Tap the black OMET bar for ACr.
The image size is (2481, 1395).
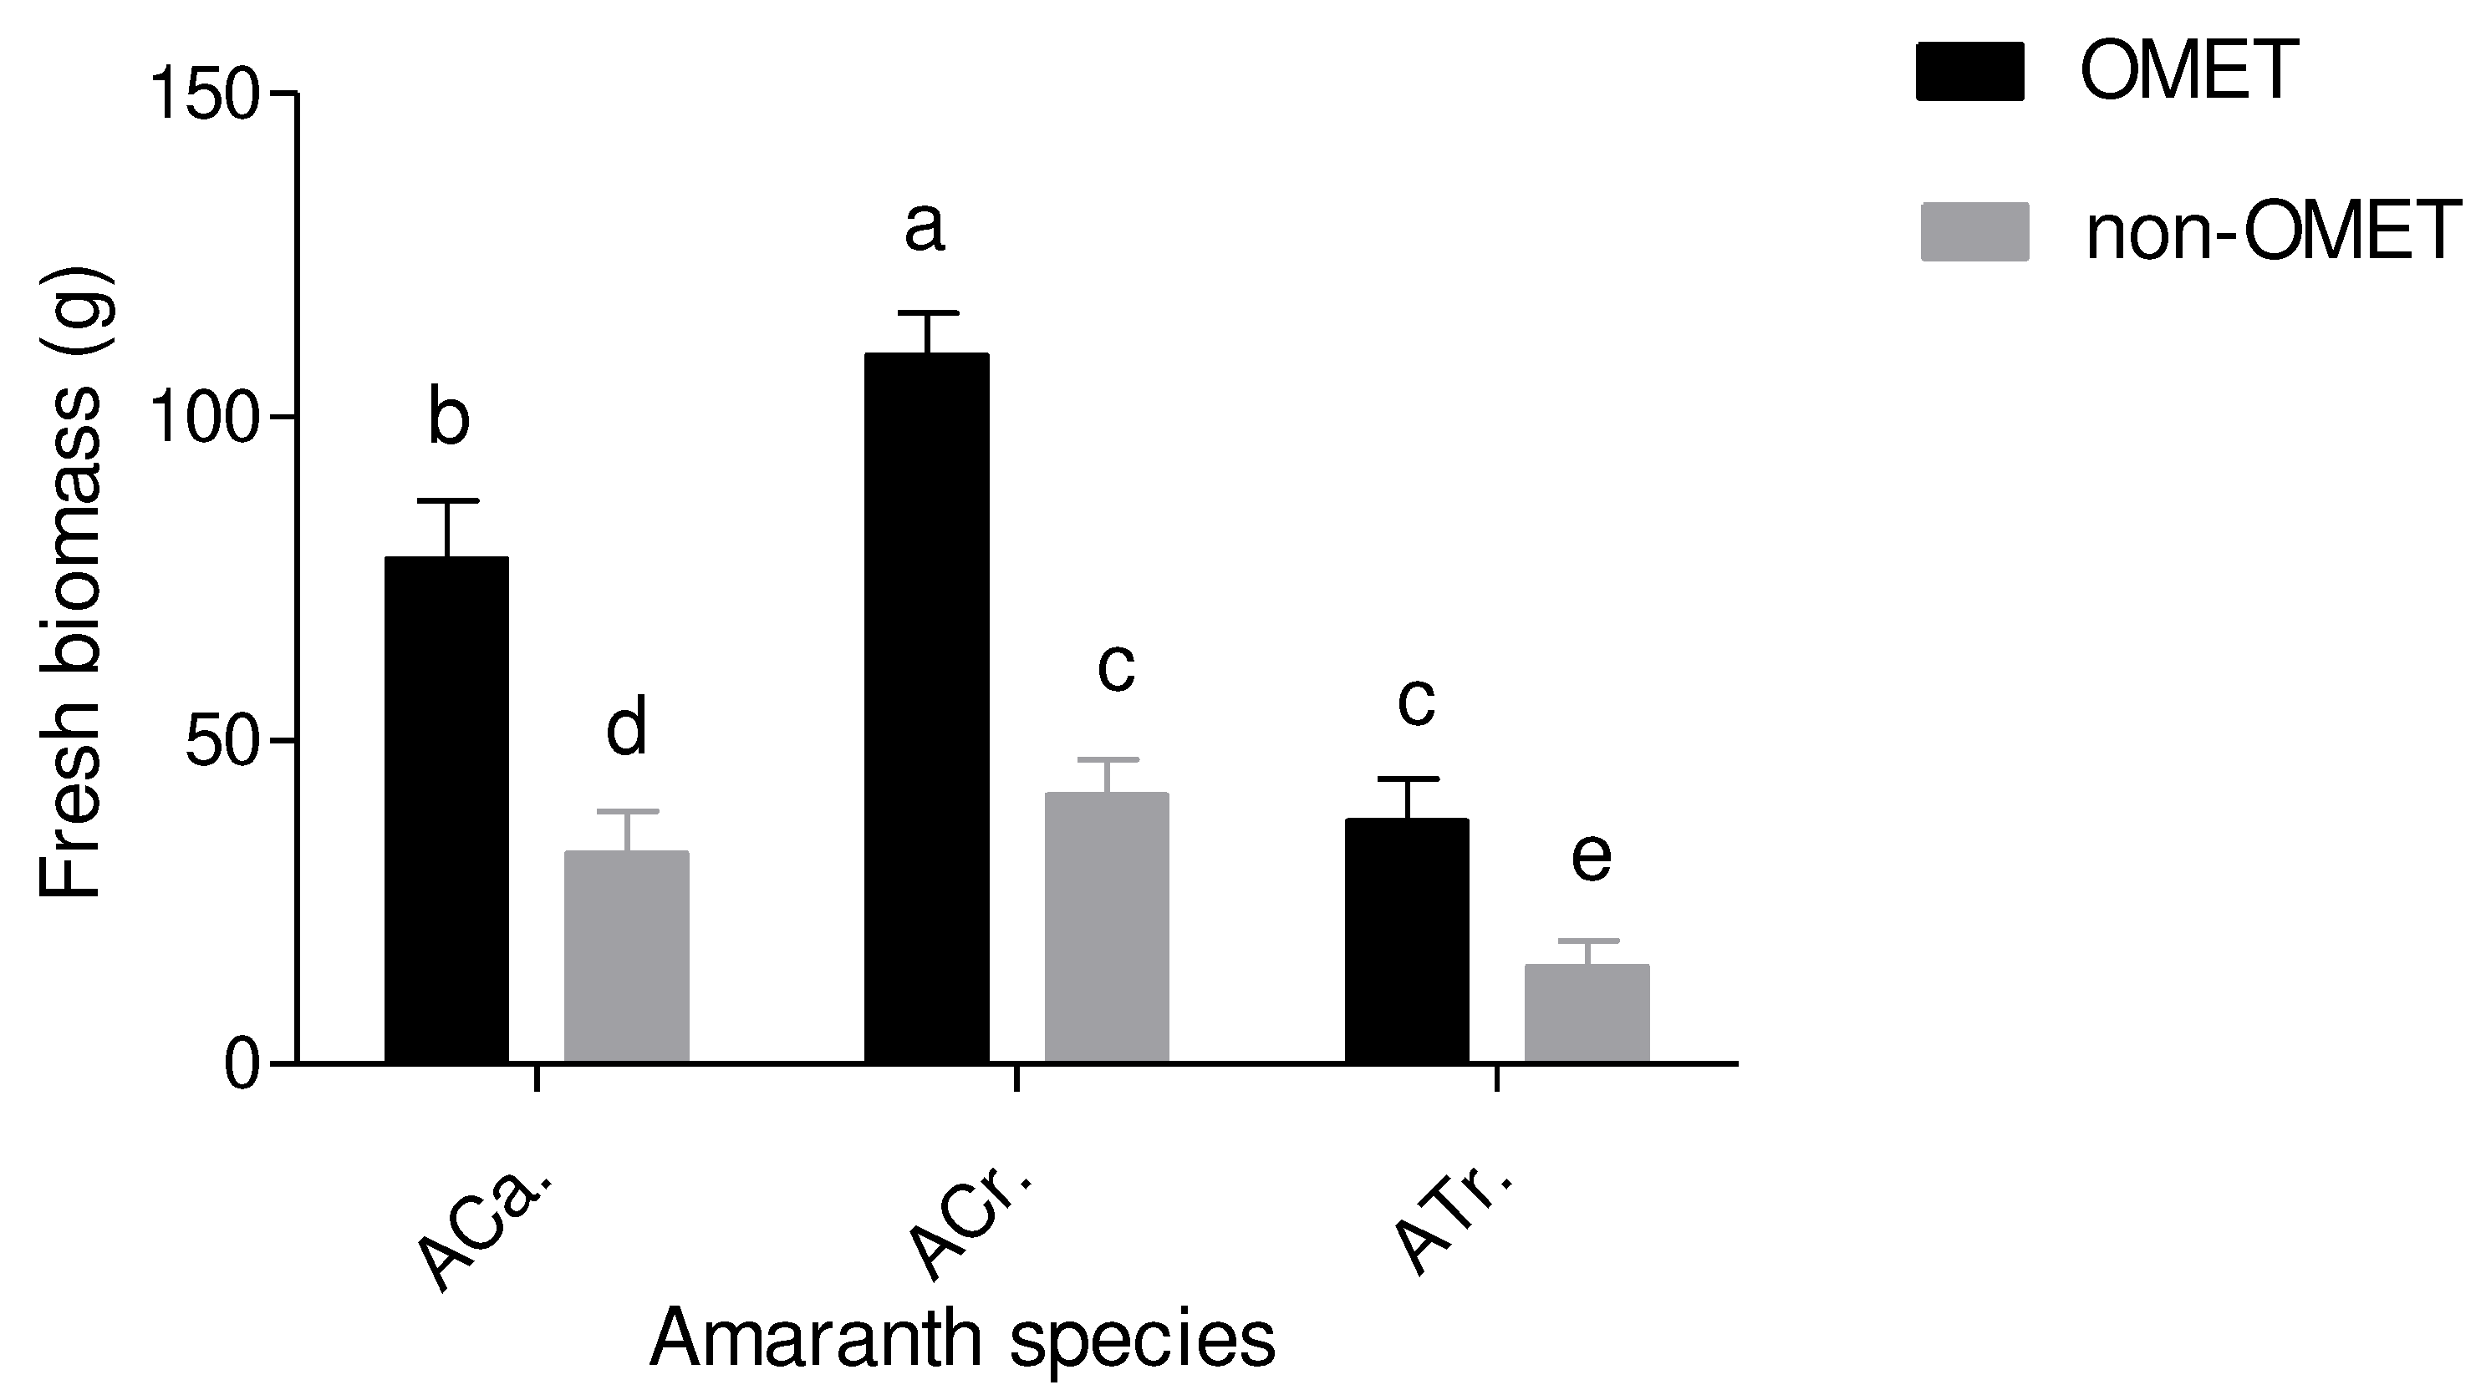(x=926, y=708)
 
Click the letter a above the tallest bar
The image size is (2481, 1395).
(x=925, y=229)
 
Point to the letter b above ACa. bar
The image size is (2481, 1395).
(x=449, y=416)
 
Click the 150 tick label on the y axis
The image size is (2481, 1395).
(x=204, y=95)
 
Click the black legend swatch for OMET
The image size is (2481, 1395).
(x=1969, y=70)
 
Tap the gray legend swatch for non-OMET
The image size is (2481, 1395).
(x=1974, y=231)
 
